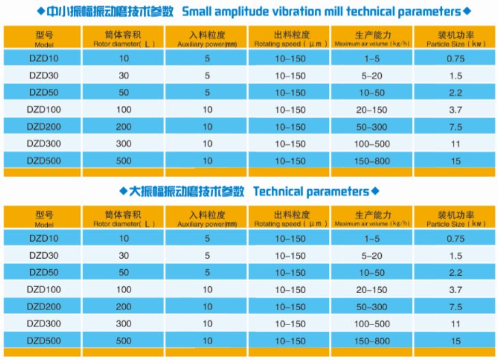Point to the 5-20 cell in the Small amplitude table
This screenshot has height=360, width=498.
tap(372, 76)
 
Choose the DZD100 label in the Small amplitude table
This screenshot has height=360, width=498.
tap(44, 109)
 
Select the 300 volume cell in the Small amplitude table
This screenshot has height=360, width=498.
tap(123, 143)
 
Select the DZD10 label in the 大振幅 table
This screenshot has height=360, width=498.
tap(44, 238)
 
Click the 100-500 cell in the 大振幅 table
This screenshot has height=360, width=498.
tap(372, 322)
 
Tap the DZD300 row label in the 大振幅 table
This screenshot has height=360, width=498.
tap(44, 322)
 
